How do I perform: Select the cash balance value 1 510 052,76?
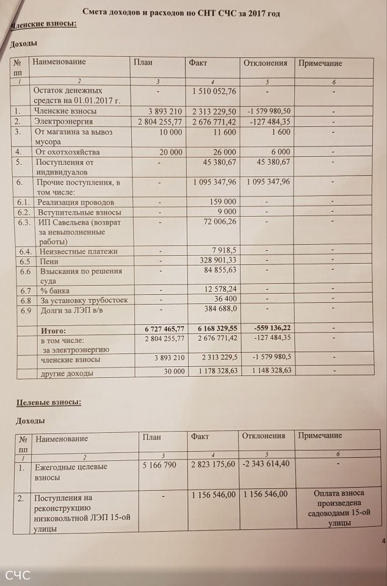[x=214, y=91]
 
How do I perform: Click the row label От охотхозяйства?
[x=68, y=151]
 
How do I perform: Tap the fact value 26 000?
[x=222, y=151]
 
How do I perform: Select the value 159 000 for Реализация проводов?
[x=223, y=202]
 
